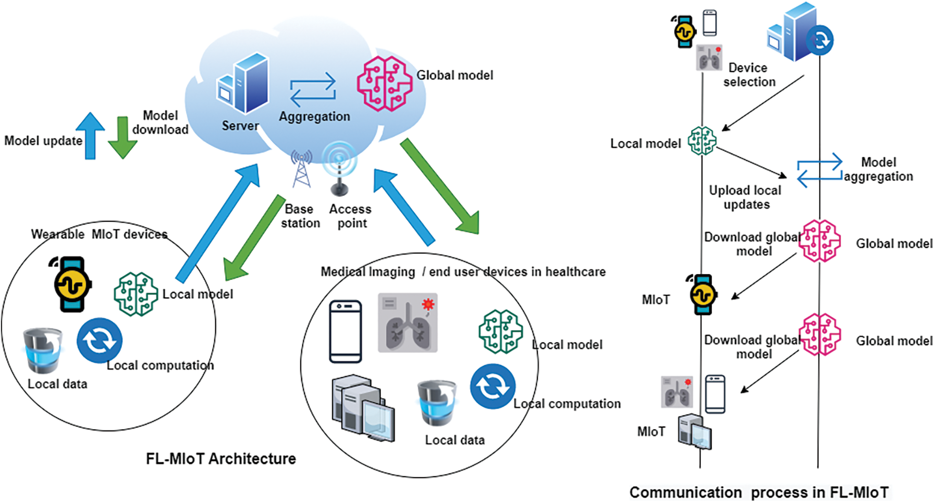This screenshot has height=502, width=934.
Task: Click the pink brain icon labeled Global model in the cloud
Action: (384, 83)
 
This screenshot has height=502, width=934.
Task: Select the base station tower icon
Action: (301, 169)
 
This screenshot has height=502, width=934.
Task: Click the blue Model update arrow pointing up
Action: (90, 136)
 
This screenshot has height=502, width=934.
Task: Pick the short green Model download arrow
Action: (122, 137)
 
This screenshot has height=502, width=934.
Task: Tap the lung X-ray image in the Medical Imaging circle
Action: (407, 322)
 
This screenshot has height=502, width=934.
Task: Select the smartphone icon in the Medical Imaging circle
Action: (345, 332)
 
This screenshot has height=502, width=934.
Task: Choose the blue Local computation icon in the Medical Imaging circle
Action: (493, 386)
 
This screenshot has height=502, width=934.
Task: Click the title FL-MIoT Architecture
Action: (221, 458)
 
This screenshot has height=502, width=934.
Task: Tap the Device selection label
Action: (749, 75)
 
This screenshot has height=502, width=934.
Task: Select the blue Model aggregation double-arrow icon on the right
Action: (819, 170)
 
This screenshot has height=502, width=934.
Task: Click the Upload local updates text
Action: (745, 197)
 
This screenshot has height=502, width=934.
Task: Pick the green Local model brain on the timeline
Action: (702, 141)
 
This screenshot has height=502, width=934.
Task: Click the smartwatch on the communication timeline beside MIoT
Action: (702, 294)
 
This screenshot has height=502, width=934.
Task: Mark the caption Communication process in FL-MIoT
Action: (759, 492)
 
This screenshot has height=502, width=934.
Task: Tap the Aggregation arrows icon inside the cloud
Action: (313, 90)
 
